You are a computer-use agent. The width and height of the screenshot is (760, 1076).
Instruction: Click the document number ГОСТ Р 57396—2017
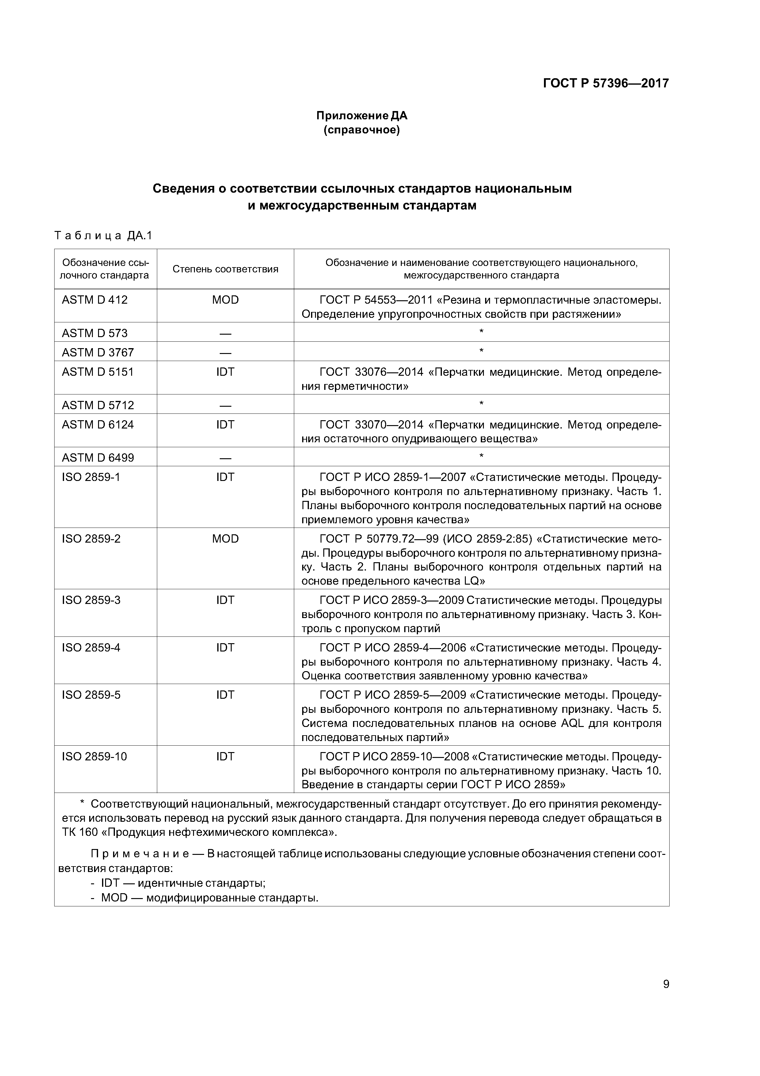coord(606,83)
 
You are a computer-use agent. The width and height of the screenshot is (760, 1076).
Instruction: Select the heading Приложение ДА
coord(362,115)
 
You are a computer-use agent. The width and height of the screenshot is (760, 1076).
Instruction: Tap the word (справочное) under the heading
coord(362,130)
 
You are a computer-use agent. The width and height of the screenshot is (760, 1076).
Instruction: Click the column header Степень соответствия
coord(225,269)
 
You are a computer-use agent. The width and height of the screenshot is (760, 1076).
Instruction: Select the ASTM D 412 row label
coord(95,300)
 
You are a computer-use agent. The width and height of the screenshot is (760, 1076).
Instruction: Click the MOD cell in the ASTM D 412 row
coord(225,300)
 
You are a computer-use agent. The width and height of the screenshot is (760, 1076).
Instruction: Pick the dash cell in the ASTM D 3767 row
coord(225,352)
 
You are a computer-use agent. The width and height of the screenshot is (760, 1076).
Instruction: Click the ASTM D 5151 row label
coord(97,372)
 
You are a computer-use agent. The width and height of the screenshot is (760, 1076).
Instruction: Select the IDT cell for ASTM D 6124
coord(225,425)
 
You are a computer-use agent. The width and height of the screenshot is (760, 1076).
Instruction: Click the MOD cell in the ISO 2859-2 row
coord(225,539)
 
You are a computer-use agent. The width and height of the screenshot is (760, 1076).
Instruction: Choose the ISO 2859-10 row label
coord(94,757)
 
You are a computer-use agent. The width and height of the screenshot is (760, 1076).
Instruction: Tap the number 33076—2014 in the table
coord(389,372)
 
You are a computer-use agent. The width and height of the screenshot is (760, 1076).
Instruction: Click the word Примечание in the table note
coord(139,854)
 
